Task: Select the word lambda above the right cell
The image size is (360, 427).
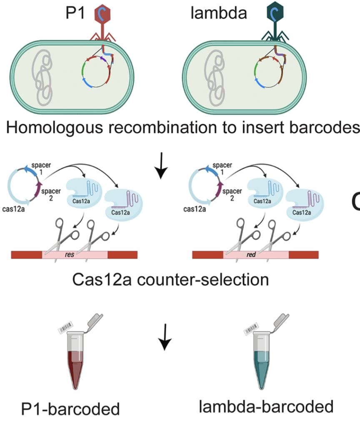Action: click(219, 13)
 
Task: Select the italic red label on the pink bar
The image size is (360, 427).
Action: click(251, 255)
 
